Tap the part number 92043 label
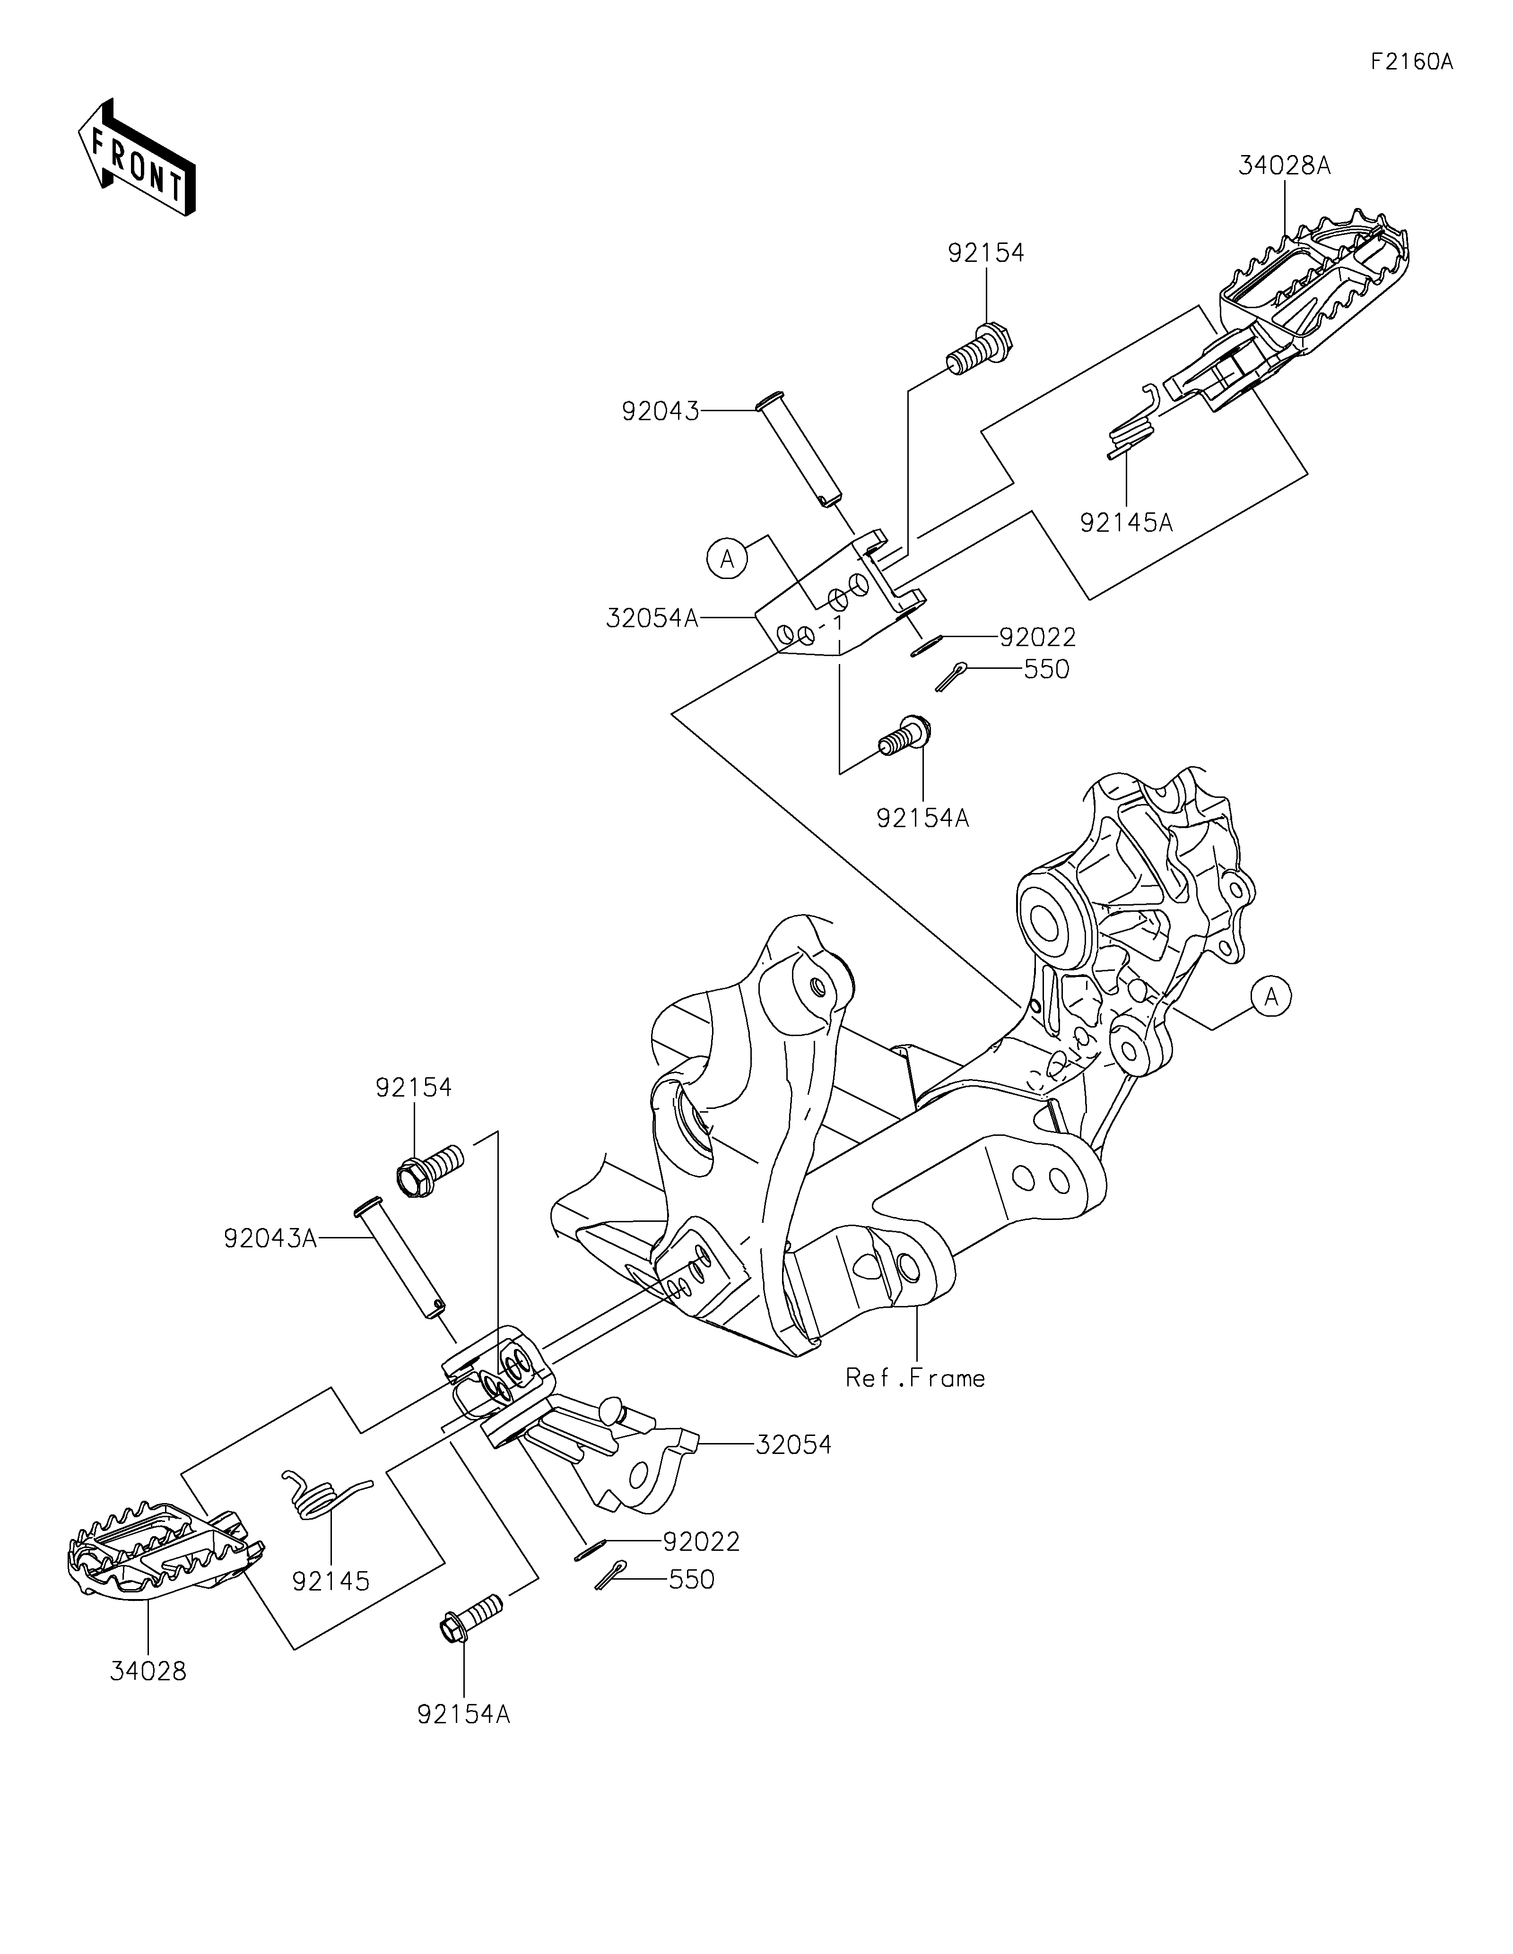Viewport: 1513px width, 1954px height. coord(661,412)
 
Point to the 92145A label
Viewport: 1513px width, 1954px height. coord(1126,522)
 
